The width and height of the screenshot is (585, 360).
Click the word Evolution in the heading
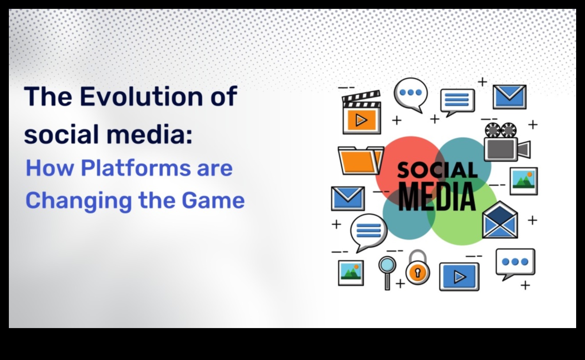click(x=141, y=97)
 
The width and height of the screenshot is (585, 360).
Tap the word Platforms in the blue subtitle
click(x=136, y=168)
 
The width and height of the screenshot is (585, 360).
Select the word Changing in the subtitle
click(x=78, y=201)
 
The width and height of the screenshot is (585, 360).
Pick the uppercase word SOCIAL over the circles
click(x=437, y=170)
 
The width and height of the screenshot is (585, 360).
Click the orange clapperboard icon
click(x=362, y=112)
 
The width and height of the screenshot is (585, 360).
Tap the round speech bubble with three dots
click(x=410, y=95)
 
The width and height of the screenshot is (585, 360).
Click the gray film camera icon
click(x=507, y=142)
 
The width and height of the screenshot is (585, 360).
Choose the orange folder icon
click(x=361, y=160)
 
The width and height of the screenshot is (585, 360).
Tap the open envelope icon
click(x=500, y=220)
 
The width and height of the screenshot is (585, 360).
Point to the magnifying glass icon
click(x=387, y=273)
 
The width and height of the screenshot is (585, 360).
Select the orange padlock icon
click(x=417, y=267)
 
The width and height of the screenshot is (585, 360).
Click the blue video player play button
click(x=459, y=277)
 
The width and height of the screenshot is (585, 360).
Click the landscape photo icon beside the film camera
click(x=524, y=181)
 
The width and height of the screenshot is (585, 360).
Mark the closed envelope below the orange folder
click(x=348, y=198)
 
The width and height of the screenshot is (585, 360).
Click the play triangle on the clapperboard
click(x=362, y=120)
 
